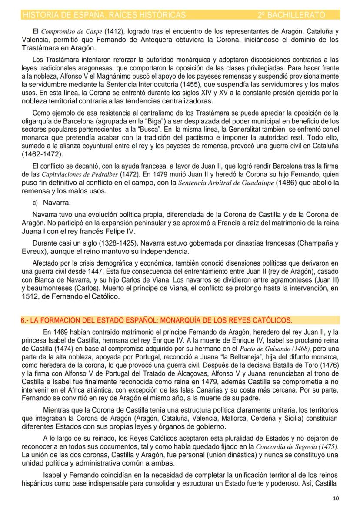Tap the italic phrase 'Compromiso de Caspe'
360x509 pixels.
[69, 32]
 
